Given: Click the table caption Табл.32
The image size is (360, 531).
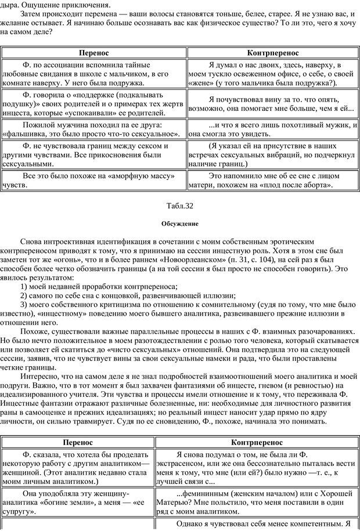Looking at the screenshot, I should tap(180, 206).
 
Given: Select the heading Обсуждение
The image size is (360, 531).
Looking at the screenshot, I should tap(180, 223).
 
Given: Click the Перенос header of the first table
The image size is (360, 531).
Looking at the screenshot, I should tap(93, 52).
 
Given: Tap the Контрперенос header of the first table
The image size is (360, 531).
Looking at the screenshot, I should tap(272, 52).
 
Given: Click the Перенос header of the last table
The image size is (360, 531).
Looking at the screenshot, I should tap(93, 443).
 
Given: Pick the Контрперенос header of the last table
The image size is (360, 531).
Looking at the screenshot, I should tap(272, 443).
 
